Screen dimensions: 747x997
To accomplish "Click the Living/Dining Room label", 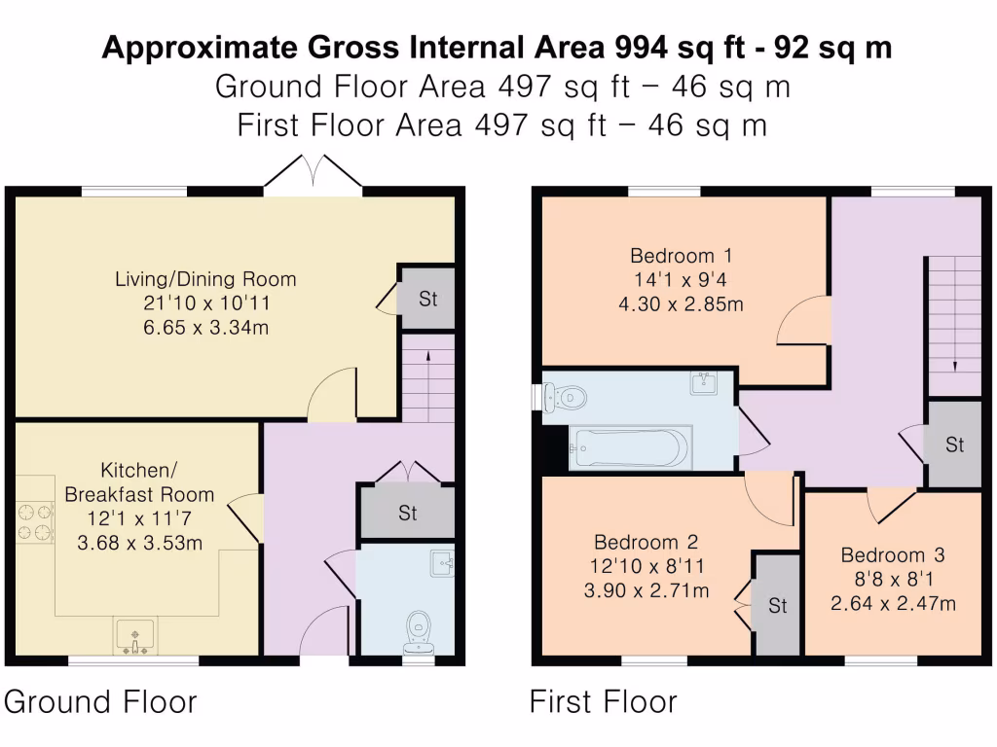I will point(205,279).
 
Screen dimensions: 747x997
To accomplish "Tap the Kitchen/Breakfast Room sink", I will point(134,636).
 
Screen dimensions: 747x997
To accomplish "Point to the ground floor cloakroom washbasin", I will point(443,564).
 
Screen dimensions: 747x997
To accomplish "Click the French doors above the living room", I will point(313,175).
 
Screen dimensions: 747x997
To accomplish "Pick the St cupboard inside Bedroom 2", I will point(777,606).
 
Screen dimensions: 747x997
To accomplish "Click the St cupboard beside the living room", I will point(427,299).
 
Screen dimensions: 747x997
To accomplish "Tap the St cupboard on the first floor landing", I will point(954,445).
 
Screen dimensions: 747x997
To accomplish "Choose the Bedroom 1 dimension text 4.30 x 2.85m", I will point(681,303).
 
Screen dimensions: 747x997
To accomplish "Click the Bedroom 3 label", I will point(893,555).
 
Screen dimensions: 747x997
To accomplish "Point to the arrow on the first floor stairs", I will point(954,366).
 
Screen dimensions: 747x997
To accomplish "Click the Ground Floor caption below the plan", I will point(101,701).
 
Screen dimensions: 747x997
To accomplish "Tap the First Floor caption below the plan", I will point(603,701).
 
